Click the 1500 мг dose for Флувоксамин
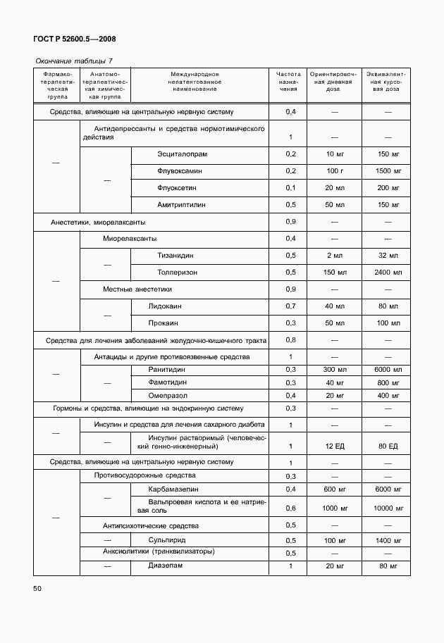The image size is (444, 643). click(x=388, y=171)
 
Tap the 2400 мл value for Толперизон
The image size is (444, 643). click(x=388, y=272)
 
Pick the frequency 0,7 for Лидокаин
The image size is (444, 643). click(x=290, y=306)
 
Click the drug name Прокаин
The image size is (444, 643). click(x=163, y=323)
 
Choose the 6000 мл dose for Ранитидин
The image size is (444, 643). click(x=388, y=370)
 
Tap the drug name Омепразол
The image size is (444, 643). click(x=166, y=395)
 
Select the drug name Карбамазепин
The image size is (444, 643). click(x=173, y=489)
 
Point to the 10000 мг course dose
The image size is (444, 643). click(x=388, y=508)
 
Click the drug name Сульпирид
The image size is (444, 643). click(x=166, y=540)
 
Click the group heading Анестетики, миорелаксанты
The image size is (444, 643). click(x=99, y=223)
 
